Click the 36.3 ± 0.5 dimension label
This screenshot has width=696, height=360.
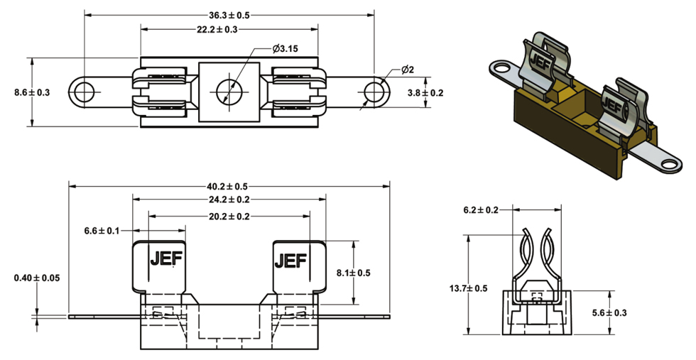tap(229, 15)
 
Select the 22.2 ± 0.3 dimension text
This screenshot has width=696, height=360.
tap(229, 29)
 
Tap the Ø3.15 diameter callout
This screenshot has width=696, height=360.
tap(286, 49)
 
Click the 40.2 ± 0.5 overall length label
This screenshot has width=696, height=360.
tap(229, 186)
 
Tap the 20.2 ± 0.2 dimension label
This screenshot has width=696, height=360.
tap(229, 217)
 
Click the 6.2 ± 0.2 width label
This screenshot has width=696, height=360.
tap(481, 210)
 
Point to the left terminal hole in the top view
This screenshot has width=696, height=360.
tap(85, 92)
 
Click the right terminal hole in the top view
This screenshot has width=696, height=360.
tap(374, 92)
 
